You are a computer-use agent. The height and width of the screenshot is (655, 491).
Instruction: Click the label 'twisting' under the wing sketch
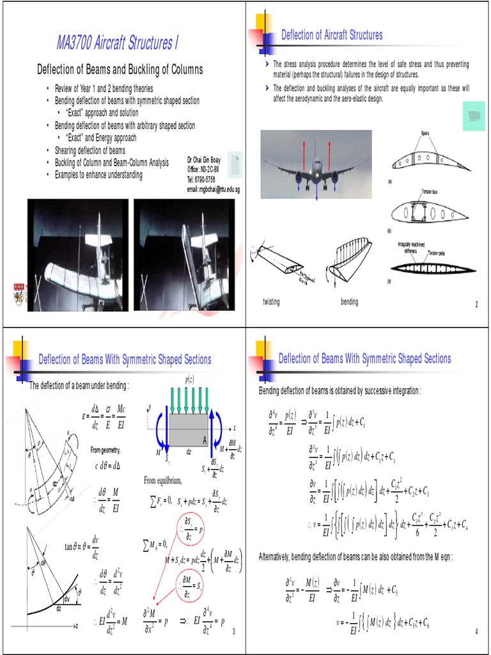coord(272,302)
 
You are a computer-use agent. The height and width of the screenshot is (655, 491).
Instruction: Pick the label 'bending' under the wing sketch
coord(349,302)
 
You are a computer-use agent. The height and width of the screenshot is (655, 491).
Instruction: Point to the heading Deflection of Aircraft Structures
coord(332,35)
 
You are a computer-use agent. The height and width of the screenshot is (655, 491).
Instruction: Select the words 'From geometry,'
coord(105,451)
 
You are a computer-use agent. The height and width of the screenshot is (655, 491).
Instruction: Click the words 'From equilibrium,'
coord(162,480)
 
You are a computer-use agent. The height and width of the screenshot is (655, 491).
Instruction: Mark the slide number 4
coord(476,632)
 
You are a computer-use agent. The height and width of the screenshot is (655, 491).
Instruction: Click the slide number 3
coord(234,632)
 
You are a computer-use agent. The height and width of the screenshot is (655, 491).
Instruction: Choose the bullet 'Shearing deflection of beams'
coord(90,150)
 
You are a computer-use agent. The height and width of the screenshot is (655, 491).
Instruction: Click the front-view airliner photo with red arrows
coord(316,164)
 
